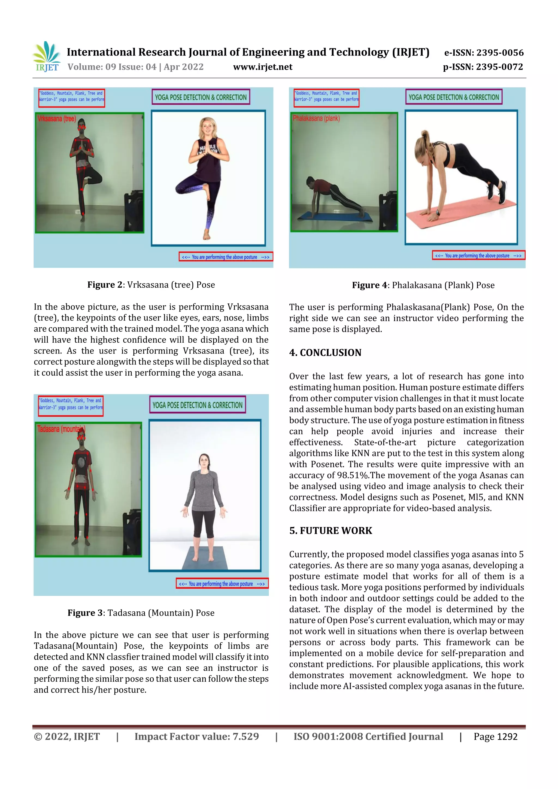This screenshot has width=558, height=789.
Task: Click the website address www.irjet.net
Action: [x=263, y=67]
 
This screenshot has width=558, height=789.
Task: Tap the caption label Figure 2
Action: [x=105, y=285]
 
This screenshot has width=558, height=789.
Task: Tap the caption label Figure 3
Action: [x=85, y=613]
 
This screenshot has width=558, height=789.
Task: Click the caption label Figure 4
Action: [x=369, y=285]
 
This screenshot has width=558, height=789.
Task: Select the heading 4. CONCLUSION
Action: [x=325, y=353]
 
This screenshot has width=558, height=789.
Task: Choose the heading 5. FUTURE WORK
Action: [x=331, y=531]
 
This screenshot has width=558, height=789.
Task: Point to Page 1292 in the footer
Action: [x=495, y=736]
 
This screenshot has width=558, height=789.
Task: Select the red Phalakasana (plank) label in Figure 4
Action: [x=316, y=118]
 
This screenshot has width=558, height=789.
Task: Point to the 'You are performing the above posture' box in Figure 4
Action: [x=478, y=256]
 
